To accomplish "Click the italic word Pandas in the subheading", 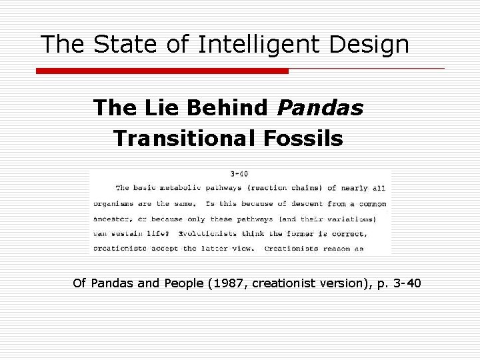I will (x=320, y=107).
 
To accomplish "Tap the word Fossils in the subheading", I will (x=311, y=139).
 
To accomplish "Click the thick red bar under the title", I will (x=162, y=71).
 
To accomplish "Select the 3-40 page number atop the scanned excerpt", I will (x=239, y=173).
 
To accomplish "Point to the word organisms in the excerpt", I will (x=113, y=203).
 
